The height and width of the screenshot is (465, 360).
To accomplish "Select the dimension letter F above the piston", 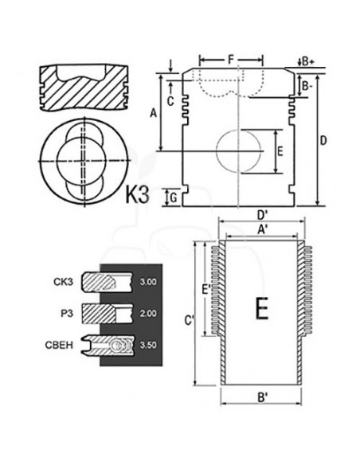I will tap(230, 59).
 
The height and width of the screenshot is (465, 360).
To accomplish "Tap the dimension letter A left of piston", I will tap(153, 114).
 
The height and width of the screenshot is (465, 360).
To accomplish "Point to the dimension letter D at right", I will tap(323, 141).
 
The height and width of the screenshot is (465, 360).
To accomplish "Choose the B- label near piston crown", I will tap(307, 84).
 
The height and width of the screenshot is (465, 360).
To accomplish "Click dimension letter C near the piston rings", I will tap(171, 99).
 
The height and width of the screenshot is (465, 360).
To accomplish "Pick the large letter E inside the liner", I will tap(261, 307).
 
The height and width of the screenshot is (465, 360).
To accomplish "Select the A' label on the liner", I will tap(260, 229).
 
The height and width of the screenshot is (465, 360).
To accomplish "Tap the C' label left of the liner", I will tap(189, 321).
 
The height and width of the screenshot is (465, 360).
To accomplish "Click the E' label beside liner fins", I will tap(206, 290).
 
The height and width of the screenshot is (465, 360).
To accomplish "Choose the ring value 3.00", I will tap(148, 282).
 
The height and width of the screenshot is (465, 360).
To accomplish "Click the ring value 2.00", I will tap(148, 314).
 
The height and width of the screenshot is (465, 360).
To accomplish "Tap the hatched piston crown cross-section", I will tap(84, 84).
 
